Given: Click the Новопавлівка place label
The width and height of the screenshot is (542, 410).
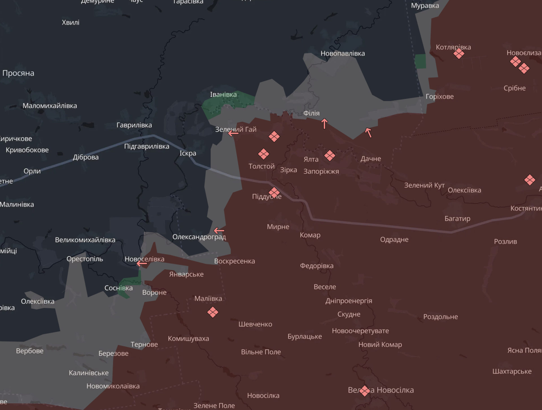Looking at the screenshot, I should (x=342, y=53).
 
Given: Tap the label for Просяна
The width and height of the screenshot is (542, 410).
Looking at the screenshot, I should (x=18, y=73).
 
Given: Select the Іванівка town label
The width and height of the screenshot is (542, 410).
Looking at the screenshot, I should (x=223, y=95).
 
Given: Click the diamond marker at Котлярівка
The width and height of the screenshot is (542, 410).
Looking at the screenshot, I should (x=459, y=53).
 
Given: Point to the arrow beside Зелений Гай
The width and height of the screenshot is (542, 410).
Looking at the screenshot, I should (x=233, y=133).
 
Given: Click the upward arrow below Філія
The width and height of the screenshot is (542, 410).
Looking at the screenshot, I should (x=324, y=124).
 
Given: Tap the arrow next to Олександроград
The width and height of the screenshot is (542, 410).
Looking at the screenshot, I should (x=219, y=231).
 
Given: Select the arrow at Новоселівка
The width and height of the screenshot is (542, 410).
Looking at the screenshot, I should (x=142, y=264).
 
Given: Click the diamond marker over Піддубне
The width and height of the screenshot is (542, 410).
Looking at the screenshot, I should (x=274, y=193).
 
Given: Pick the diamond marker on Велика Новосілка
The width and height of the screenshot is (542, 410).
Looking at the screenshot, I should (x=364, y=391).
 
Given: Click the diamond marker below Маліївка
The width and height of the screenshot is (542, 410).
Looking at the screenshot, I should (x=213, y=312).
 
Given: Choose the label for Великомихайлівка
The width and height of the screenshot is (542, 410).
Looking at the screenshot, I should (x=85, y=240).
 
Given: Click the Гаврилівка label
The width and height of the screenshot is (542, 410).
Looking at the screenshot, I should (x=134, y=125).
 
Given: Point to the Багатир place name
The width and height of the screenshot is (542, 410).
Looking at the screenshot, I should (x=457, y=218).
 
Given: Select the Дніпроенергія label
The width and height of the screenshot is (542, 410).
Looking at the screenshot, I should (x=349, y=301).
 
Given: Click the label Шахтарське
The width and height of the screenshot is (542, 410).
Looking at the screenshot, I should (x=512, y=371).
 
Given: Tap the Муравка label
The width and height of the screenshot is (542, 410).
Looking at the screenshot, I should (x=425, y=6).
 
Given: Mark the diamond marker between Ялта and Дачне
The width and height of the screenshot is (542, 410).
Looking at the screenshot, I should (x=329, y=155).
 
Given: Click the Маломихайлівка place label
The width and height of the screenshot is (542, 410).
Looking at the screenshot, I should (x=50, y=106).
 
